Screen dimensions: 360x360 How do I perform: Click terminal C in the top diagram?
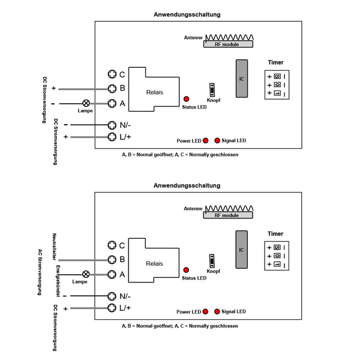tap(112, 74)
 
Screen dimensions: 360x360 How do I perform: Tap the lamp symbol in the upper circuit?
tap(86, 103)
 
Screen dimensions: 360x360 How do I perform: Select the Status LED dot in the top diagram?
tap(186, 99)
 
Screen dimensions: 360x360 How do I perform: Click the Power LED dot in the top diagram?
tap(205, 140)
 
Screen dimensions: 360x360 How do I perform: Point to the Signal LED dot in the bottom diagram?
tap(217, 311)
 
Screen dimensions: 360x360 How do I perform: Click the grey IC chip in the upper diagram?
tap(242, 79)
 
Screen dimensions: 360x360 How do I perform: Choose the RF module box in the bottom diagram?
tap(228, 215)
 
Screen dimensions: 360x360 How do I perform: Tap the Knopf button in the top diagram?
tap(212, 90)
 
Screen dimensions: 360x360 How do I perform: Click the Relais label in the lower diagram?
tap(155, 263)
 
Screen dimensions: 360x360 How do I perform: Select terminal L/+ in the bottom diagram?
tap(112, 308)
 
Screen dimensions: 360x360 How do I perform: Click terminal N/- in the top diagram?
tap(112, 125)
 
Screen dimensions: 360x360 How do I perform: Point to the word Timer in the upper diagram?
tap(275, 62)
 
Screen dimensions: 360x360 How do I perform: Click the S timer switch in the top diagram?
tap(277, 76)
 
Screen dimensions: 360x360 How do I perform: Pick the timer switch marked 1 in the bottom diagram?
tap(277, 264)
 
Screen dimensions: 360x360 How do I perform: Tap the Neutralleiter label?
tap(55, 247)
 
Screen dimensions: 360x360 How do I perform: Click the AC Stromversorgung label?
tap(40, 272)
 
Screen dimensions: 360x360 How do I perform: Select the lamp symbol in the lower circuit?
tap(86, 274)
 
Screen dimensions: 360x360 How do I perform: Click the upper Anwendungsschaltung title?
tap(187, 14)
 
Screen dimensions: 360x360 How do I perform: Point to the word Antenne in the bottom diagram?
tap(193, 209)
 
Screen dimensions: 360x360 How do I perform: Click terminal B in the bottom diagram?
tap(112, 260)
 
